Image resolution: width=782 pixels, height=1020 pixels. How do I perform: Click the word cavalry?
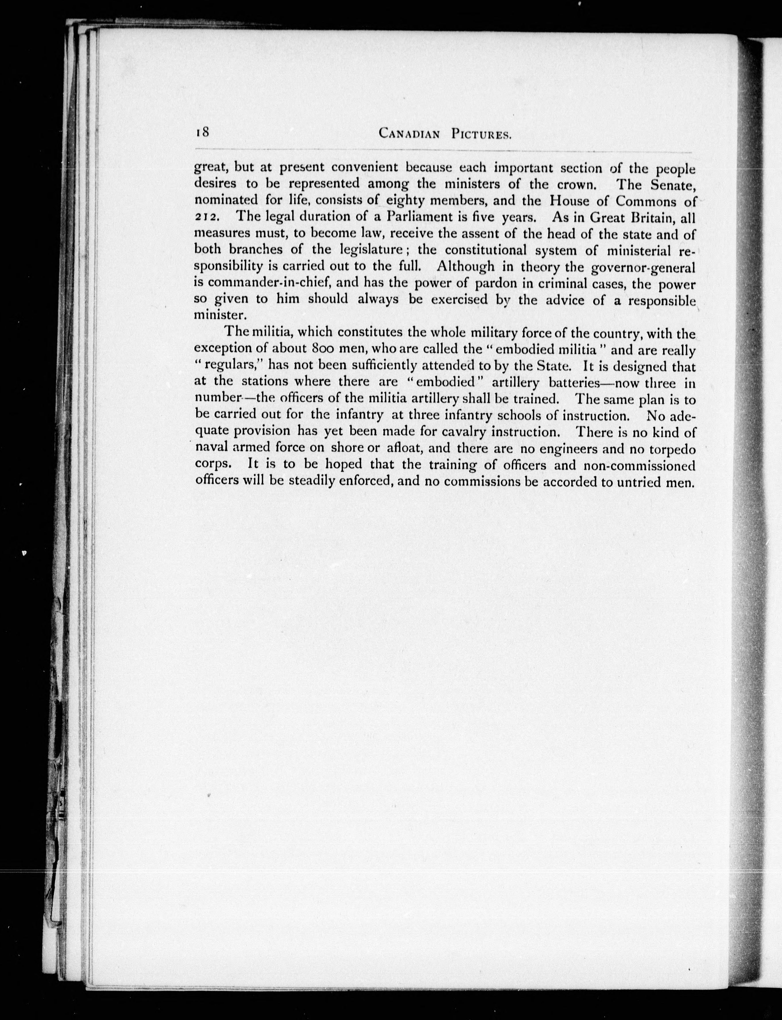tap(465, 432)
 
